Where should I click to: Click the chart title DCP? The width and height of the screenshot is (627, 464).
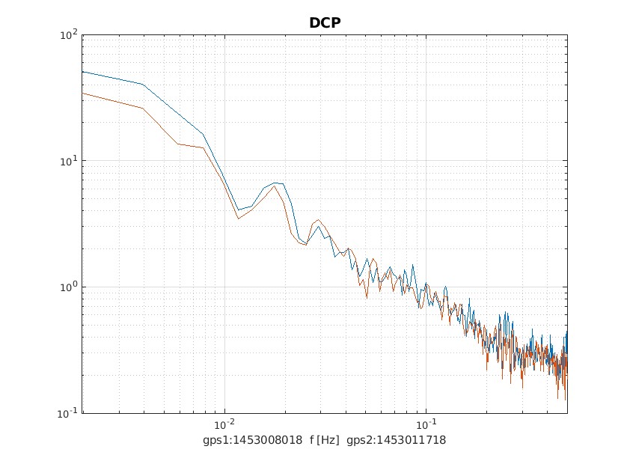(x=325, y=23)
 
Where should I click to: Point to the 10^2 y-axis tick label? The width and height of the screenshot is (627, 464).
(x=70, y=35)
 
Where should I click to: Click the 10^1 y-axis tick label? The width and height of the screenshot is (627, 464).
(x=70, y=161)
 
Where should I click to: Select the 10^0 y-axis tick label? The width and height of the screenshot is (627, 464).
(x=70, y=287)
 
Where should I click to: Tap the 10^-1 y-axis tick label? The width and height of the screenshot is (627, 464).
(x=70, y=412)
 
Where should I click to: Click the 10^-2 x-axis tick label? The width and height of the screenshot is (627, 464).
(x=224, y=424)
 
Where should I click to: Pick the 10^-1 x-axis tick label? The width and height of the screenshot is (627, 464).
(x=426, y=424)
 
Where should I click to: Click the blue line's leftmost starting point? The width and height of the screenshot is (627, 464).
(x=82, y=72)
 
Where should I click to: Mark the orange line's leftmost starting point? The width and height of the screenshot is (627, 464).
(x=82, y=93)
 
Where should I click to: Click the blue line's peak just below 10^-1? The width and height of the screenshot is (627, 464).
(x=413, y=265)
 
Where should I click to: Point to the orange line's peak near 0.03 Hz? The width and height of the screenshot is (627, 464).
(x=319, y=220)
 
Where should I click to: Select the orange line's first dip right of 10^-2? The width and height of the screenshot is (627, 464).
(x=238, y=219)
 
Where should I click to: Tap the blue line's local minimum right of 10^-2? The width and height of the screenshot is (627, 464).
(x=238, y=210)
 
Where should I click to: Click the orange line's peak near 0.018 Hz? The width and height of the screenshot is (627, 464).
(x=275, y=186)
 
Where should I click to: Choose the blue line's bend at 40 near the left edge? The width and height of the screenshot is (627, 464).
(x=142, y=84)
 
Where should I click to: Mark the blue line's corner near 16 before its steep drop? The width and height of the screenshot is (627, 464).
(x=203, y=135)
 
